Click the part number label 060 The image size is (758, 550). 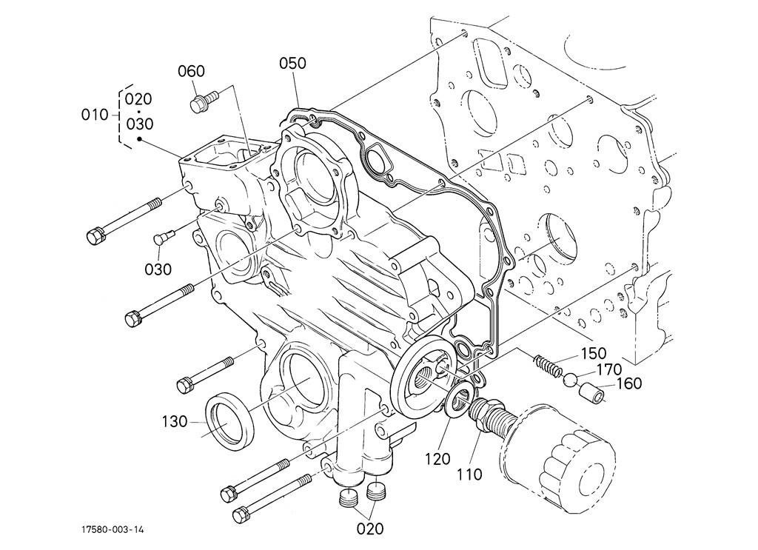(191, 72)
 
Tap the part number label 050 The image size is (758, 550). (292, 63)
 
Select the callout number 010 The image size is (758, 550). (95, 115)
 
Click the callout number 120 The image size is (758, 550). (437, 459)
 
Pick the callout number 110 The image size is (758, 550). (469, 474)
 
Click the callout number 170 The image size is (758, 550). (608, 369)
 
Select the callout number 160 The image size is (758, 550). (628, 383)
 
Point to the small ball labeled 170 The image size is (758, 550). (570, 380)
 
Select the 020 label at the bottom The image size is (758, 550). (370, 529)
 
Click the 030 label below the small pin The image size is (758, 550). (158, 269)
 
